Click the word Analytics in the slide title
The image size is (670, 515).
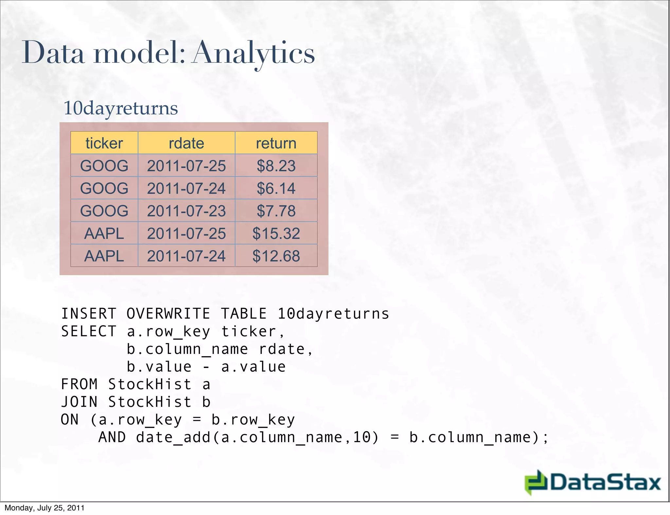(x=254, y=53)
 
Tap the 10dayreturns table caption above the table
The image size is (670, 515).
(x=120, y=108)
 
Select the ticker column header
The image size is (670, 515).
(x=104, y=143)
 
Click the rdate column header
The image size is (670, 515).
(x=186, y=143)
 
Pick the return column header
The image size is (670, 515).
(x=276, y=143)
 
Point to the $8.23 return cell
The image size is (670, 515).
(x=276, y=166)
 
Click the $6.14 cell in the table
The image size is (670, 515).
(x=276, y=188)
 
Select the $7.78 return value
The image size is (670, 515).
(x=276, y=211)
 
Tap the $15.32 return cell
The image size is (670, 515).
(x=276, y=233)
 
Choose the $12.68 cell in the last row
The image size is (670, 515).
(x=276, y=256)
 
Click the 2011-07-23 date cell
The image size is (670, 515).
(x=186, y=211)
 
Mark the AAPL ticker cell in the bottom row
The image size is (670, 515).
(x=104, y=256)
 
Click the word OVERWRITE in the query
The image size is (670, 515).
(x=168, y=314)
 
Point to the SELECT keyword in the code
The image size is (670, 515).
(x=89, y=331)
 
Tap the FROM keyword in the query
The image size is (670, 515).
(x=79, y=384)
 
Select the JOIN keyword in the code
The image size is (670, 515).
(x=79, y=402)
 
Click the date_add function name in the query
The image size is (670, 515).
(x=173, y=437)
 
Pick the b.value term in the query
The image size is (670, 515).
(x=159, y=367)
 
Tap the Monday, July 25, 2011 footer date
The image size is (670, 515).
(x=44, y=508)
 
